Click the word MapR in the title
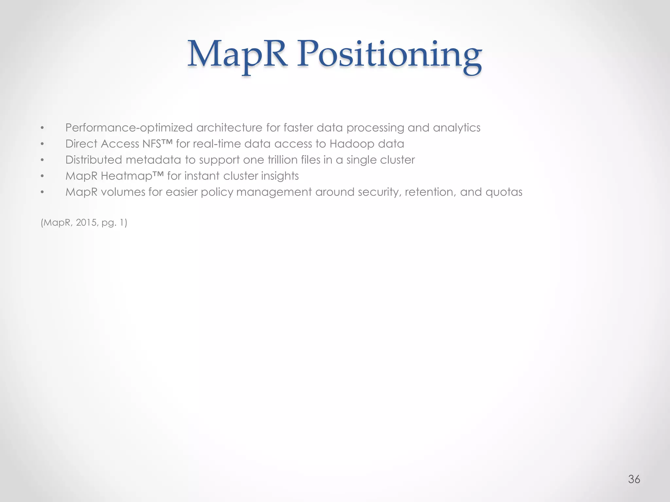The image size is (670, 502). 237,54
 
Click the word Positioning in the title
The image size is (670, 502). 389,56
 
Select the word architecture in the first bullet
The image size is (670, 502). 229,128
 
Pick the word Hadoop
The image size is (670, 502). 352,144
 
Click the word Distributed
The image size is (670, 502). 94,160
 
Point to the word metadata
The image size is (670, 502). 153,160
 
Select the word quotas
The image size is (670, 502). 504,192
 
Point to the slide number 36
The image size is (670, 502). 634,479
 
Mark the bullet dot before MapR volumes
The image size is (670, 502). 42,192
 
